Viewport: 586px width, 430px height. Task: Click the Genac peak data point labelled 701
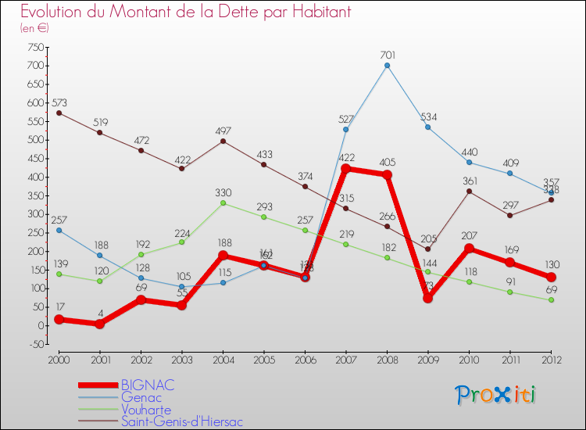[x=387, y=65]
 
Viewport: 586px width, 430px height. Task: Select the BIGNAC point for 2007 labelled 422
[x=346, y=169]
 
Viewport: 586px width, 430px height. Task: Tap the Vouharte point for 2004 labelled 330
[x=223, y=203]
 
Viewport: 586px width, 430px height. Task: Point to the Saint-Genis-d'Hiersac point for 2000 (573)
[x=59, y=113]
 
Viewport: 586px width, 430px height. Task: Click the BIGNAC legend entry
[x=148, y=385]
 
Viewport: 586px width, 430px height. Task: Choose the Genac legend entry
[x=142, y=397]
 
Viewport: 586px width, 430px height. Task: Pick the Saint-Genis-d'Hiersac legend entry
[x=182, y=422]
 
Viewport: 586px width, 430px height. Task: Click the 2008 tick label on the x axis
[x=387, y=359]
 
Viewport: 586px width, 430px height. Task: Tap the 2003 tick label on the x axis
[x=182, y=359]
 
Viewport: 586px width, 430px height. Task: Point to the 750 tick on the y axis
[x=34, y=47]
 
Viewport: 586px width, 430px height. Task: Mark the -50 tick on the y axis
[x=34, y=344]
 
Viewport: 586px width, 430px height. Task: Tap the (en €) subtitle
[x=34, y=28]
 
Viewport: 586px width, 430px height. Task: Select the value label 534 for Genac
[x=428, y=117]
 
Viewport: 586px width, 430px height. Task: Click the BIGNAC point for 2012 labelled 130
[x=551, y=278]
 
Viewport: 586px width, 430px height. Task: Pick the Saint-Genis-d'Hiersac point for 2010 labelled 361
[x=469, y=192]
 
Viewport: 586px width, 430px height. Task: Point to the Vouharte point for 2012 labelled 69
[x=551, y=300]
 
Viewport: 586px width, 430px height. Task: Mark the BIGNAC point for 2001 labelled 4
[x=100, y=324]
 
